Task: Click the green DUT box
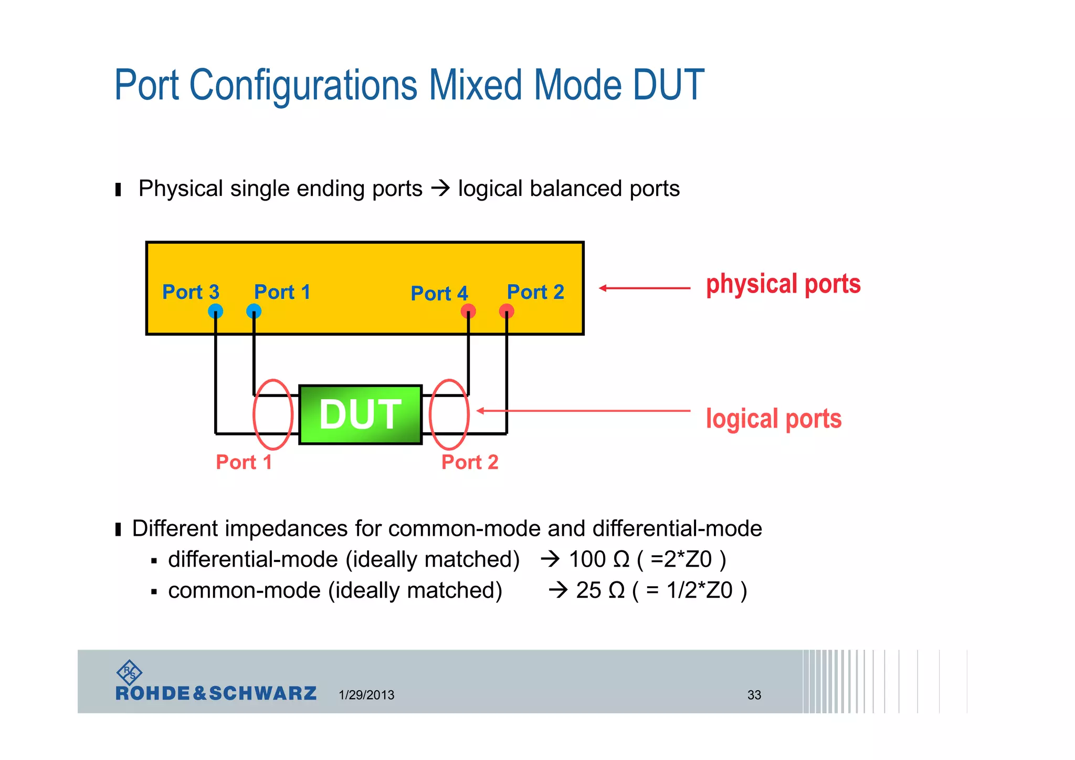coord(360,414)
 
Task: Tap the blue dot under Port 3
coord(215,311)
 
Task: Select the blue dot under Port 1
coord(254,311)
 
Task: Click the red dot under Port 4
coord(468,311)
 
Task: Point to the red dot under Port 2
coord(507,311)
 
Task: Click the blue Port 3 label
coord(191,292)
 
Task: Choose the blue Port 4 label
coord(439,294)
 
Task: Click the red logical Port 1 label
coord(244,462)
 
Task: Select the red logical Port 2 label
coord(470,462)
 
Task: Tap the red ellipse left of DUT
coord(272,414)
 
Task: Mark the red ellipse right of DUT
coord(449,414)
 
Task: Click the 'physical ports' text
coord(783,284)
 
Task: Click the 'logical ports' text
coord(773,419)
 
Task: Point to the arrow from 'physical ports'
coord(645,288)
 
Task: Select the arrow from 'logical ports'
coord(583,411)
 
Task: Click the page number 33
coord(754,695)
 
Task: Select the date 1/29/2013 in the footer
coord(366,695)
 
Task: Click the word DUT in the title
coord(668,85)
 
